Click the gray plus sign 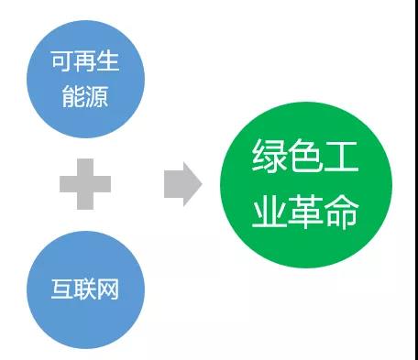coord(85,183)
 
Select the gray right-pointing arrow coord(181,183)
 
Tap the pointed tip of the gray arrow coord(199,183)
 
